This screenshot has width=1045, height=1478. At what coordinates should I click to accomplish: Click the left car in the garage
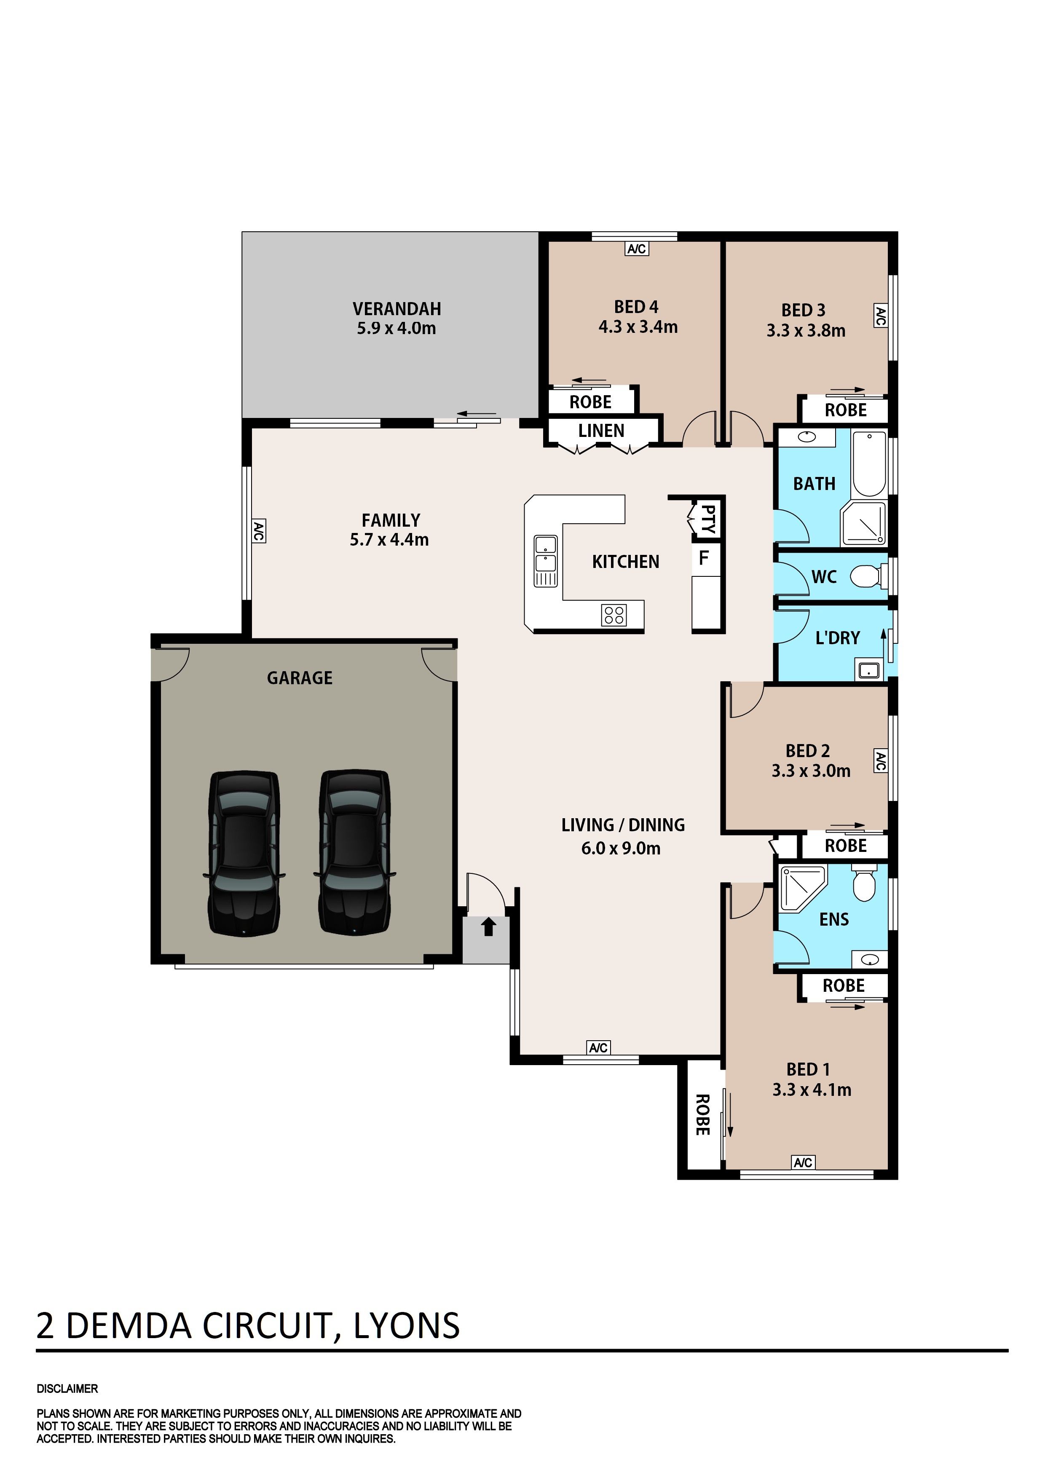pos(244,853)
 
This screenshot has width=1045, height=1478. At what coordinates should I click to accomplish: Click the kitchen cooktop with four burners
pos(614,615)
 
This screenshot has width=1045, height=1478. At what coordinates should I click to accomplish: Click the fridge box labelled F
pos(705,557)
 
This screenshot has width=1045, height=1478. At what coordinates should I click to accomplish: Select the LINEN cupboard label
pos(601,431)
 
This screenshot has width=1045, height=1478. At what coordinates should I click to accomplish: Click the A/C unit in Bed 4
pos(637,249)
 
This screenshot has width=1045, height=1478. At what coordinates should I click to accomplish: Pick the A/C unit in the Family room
pos(258,531)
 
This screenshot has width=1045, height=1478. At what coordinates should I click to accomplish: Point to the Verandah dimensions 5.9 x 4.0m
pos(397,328)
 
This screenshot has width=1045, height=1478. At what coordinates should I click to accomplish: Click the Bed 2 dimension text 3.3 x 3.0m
pos(811,771)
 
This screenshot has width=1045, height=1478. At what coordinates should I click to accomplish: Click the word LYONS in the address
pos(407,1326)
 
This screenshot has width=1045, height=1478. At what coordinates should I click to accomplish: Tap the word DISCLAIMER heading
pos(67,1389)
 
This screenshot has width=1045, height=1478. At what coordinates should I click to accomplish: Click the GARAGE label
pos(300,678)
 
